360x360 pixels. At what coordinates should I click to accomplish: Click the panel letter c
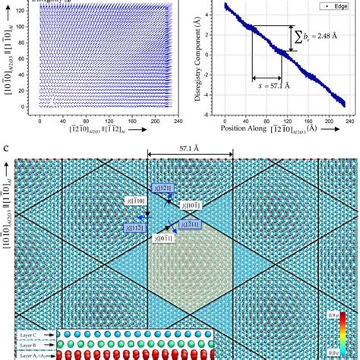click(x=6, y=147)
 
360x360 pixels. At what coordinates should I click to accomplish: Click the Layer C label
click(x=26, y=333)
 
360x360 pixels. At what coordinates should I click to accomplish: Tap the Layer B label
click(x=26, y=344)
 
